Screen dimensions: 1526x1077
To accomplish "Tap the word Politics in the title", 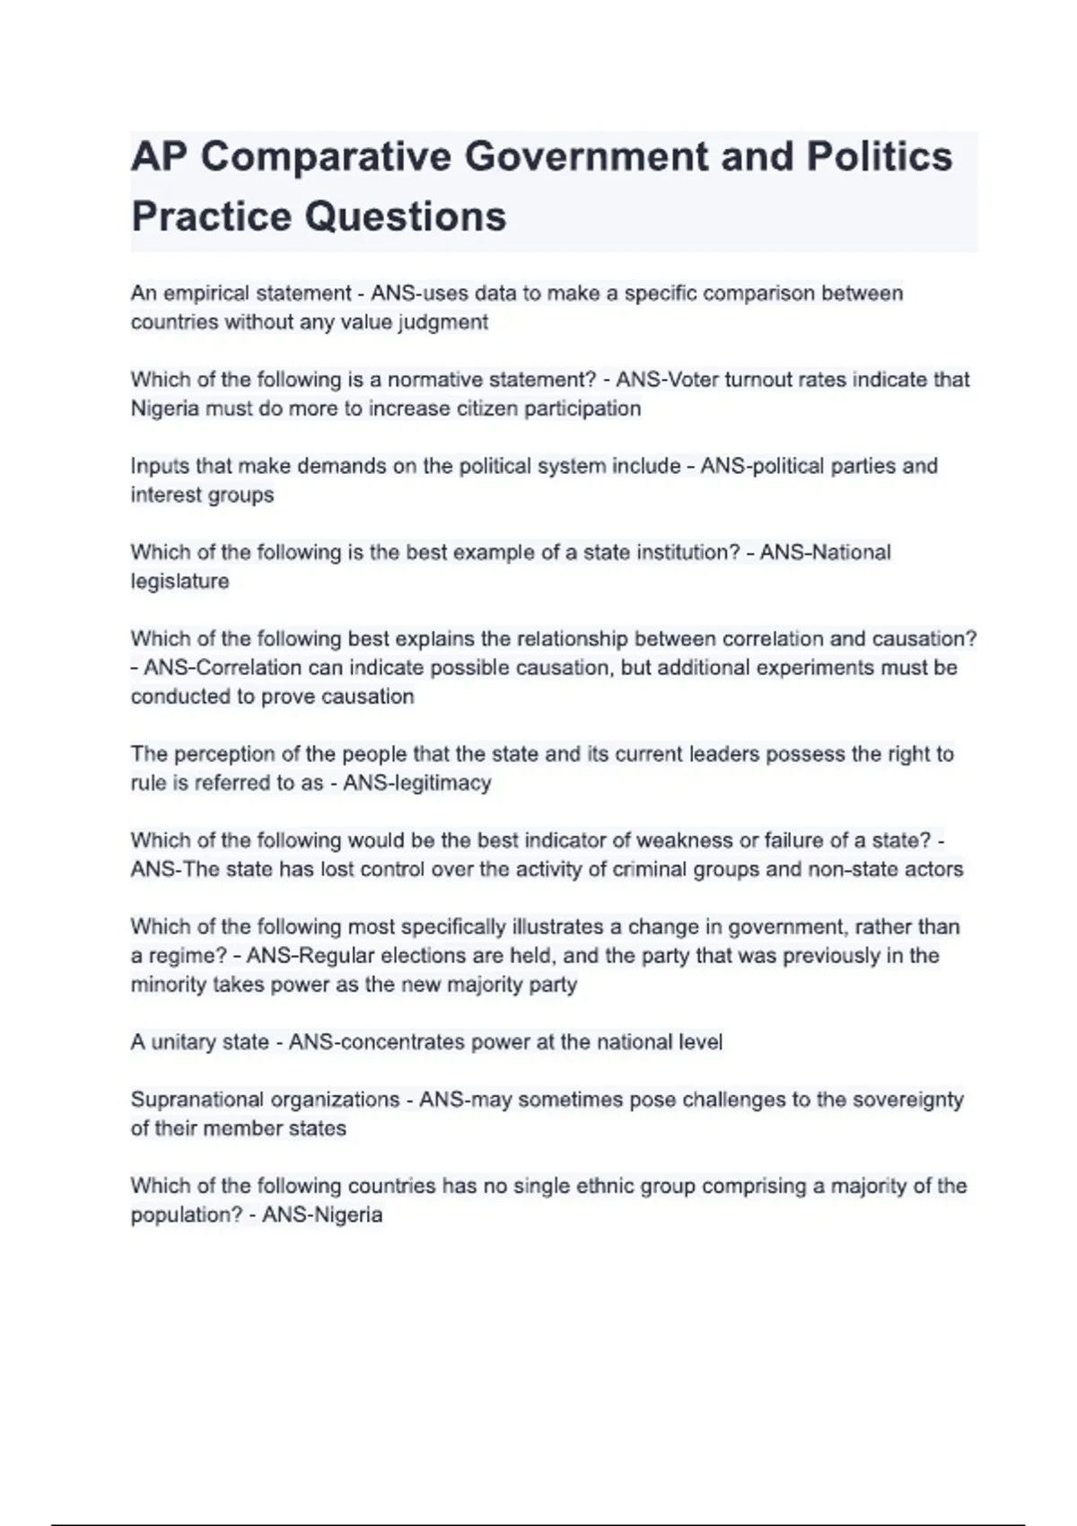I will click(879, 156).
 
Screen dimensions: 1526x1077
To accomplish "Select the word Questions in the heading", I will click(405, 216).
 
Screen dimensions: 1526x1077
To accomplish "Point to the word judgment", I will click(445, 322).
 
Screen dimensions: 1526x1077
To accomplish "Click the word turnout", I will click(755, 380).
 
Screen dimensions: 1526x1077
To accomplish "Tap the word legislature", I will click(179, 581).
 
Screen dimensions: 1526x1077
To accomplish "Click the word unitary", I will click(179, 1042).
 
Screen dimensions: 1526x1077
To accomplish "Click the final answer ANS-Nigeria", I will click(322, 1215).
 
